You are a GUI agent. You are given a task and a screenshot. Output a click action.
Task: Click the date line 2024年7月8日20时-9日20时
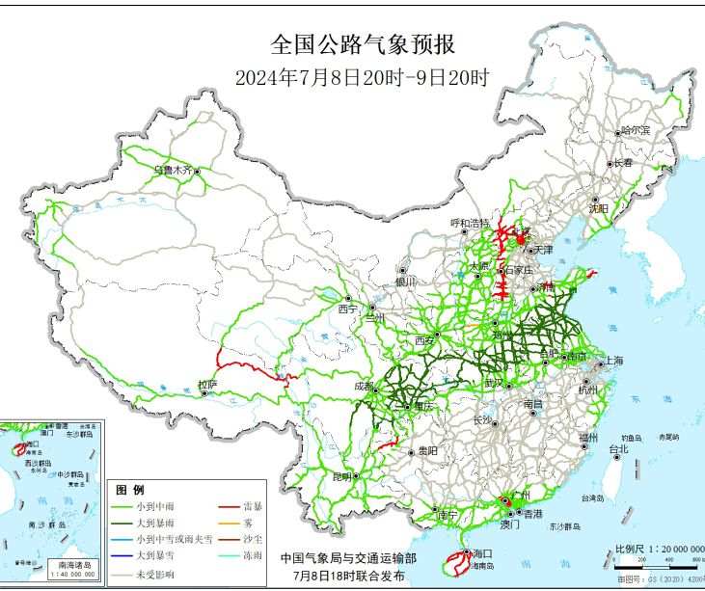[x=363, y=78]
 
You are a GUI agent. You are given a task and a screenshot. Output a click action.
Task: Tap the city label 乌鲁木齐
[x=174, y=171]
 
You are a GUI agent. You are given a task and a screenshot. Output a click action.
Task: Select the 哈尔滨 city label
[x=635, y=129]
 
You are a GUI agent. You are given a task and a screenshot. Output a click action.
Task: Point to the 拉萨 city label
[x=206, y=386]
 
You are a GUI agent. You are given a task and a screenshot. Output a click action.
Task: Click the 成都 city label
[x=364, y=386]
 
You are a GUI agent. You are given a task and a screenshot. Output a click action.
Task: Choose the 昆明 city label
[x=341, y=476]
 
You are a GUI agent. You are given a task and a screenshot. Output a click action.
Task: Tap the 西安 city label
[x=426, y=340]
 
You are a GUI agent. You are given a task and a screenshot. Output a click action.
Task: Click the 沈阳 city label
[x=599, y=207]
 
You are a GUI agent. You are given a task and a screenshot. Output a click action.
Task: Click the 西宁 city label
[x=347, y=309]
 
